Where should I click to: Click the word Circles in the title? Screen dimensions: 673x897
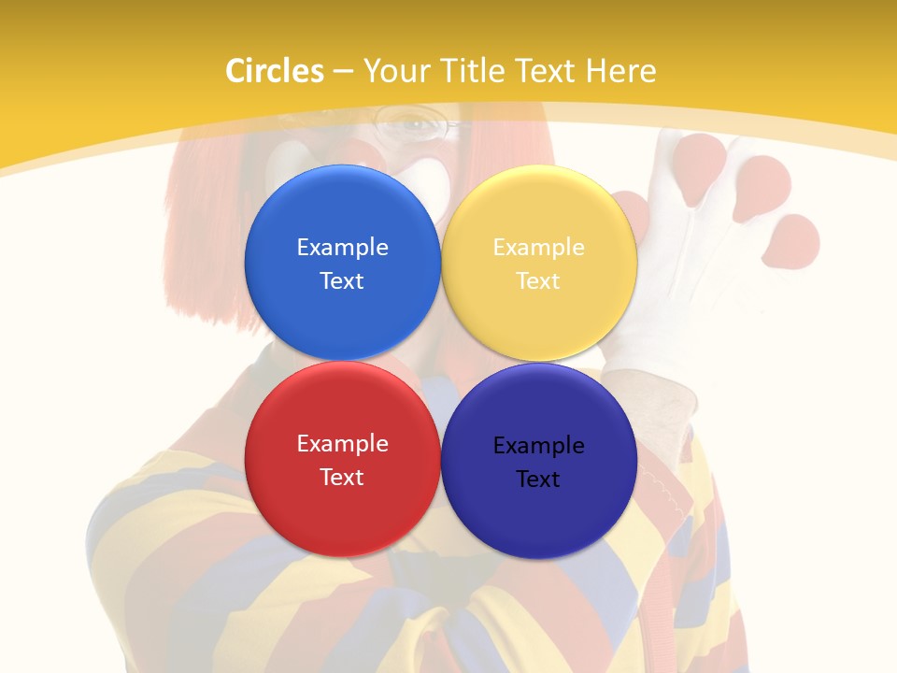[x=274, y=71]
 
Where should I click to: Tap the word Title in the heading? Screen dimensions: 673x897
[x=475, y=71]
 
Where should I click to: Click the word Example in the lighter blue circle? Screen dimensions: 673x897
[x=342, y=248]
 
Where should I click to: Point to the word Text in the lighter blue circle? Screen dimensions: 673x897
[x=342, y=281]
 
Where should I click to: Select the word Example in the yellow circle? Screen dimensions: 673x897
[x=538, y=248]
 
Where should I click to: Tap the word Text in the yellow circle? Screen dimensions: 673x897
[x=538, y=281]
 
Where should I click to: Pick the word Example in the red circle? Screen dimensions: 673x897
[x=342, y=444]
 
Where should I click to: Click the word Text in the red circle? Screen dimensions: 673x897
[x=342, y=478]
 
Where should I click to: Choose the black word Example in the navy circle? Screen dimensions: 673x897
[x=538, y=446]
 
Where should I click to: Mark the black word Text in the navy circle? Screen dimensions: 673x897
[x=538, y=480]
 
